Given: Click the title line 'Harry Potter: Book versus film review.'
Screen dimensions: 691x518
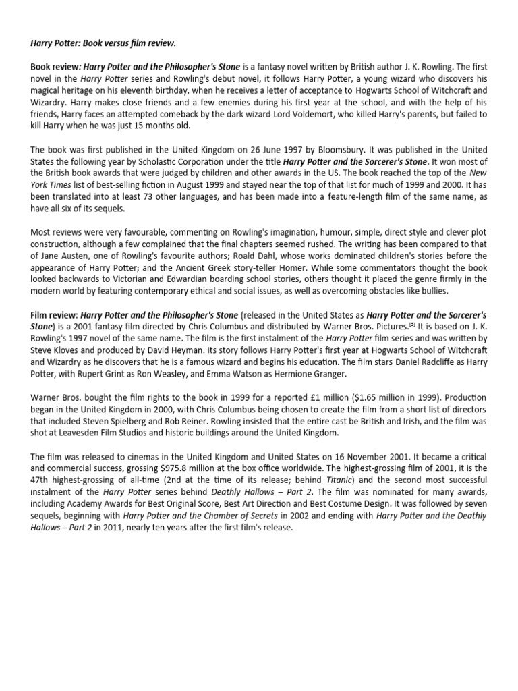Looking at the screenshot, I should point(103,44).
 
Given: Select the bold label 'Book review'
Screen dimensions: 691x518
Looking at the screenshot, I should point(55,67).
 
